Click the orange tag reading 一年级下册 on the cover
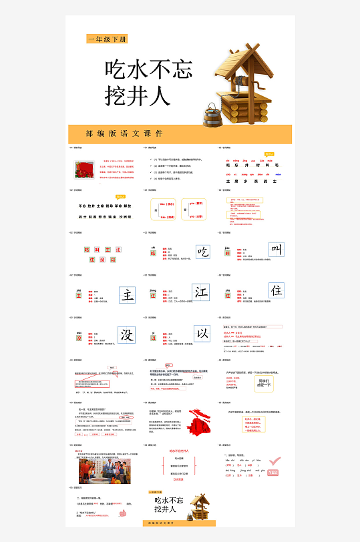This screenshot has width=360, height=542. [107, 39]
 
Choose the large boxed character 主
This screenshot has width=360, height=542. [128, 294]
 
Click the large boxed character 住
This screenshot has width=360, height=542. [277, 291]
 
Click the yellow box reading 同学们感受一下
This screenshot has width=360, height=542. [263, 382]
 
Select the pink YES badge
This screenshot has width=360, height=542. [272, 473]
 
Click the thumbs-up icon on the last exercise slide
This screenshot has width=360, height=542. [123, 513]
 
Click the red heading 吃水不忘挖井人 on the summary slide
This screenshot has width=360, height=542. [178, 451]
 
